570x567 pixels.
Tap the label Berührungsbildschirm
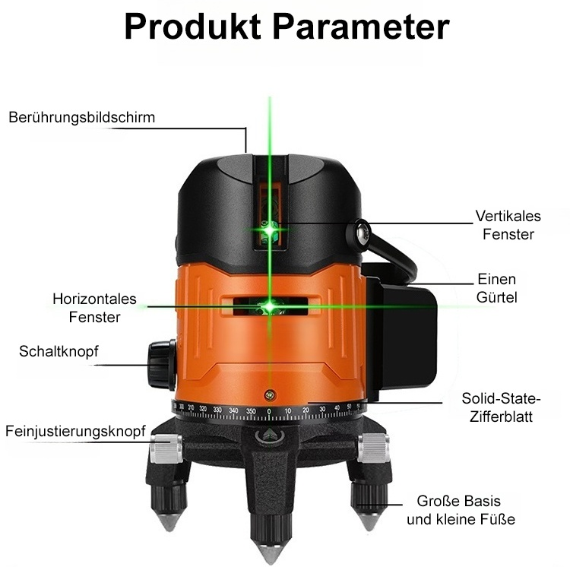pos(82,118)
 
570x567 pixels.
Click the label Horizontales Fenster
pos(94,308)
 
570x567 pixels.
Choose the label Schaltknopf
pos(59,351)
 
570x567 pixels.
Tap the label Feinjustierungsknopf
pos(75,432)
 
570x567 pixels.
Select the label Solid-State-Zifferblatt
pos(501,407)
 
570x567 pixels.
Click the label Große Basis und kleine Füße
pos(461,511)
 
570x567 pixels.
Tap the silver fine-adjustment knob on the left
pos(166,449)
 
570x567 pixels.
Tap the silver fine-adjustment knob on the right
pos(373,448)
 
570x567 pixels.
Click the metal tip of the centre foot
pos(271,553)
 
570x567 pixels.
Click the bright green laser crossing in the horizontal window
pos(269,306)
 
